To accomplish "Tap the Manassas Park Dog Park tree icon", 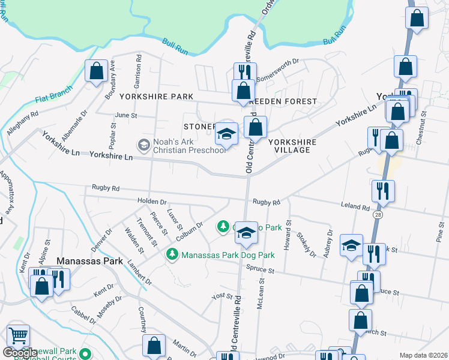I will [172, 255].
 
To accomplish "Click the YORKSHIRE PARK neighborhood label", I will [156, 97].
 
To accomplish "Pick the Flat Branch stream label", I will [53, 94].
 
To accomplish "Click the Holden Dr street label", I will [151, 202].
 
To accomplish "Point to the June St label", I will [126, 115].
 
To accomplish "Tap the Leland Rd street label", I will [357, 206].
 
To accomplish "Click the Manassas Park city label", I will [90, 262].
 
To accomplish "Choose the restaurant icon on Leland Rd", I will [383, 191].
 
